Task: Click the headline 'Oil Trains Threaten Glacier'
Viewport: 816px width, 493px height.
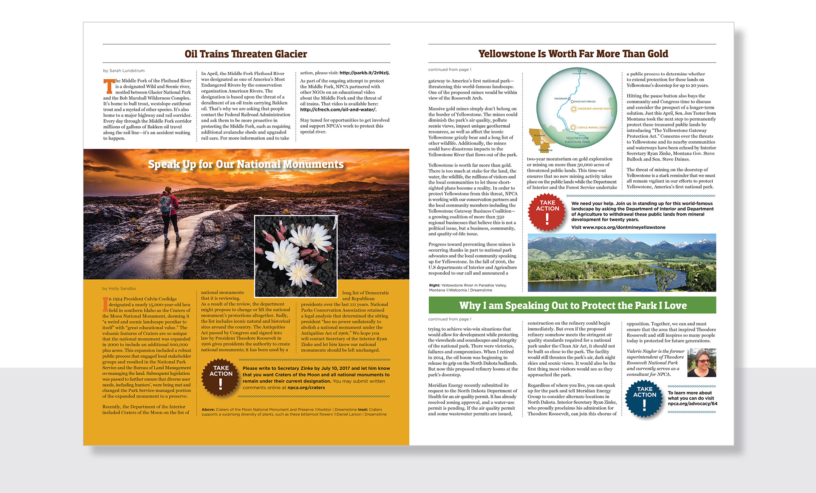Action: pyautogui.click(x=246, y=54)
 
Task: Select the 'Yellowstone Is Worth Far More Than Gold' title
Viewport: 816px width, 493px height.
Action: pyautogui.click(x=573, y=54)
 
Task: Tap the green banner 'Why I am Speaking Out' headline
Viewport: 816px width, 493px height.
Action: pyautogui.click(x=572, y=306)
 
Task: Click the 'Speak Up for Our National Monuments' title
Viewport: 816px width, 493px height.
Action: pyautogui.click(x=246, y=164)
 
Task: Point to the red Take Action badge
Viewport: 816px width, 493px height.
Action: pyautogui.click(x=547, y=212)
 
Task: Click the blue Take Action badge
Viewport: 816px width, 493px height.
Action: pyautogui.click(x=644, y=398)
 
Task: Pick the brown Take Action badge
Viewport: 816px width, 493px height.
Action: pyautogui.click(x=221, y=377)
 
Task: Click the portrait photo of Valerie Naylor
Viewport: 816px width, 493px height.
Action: pyautogui.click(x=702, y=363)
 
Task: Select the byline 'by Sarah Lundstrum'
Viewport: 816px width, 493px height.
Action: pyautogui.click(x=124, y=71)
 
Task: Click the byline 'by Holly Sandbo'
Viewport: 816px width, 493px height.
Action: pyautogui.click(x=119, y=289)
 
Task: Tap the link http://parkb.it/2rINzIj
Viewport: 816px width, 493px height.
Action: pyautogui.click(x=364, y=73)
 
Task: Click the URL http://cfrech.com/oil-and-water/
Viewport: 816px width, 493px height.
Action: pyautogui.click(x=338, y=110)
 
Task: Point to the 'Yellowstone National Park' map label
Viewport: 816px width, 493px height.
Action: pyautogui.click(x=577, y=140)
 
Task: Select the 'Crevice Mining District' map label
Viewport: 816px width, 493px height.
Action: pyautogui.click(x=593, y=127)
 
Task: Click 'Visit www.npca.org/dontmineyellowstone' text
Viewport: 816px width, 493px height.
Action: pyautogui.click(x=618, y=227)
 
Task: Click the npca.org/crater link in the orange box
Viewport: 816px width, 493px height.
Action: pyautogui.click(x=306, y=388)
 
